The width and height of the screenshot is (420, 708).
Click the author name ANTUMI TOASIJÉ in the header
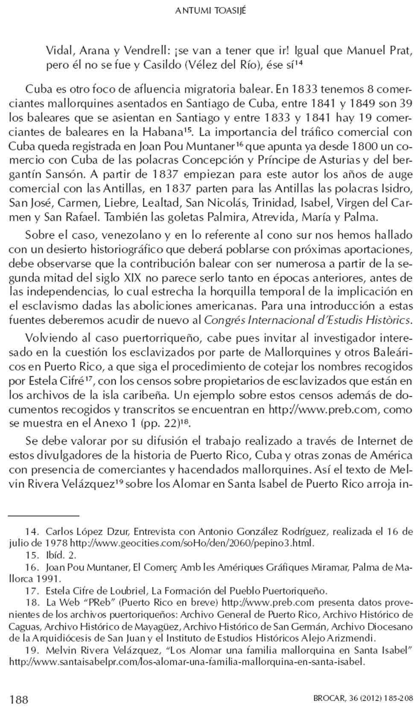point(210,12)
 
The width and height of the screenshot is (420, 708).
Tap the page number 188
point(18,699)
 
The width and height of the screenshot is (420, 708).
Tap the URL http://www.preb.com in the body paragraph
point(324,410)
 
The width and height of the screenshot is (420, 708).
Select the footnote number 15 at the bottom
point(31,555)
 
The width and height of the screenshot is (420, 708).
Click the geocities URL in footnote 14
point(192,543)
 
